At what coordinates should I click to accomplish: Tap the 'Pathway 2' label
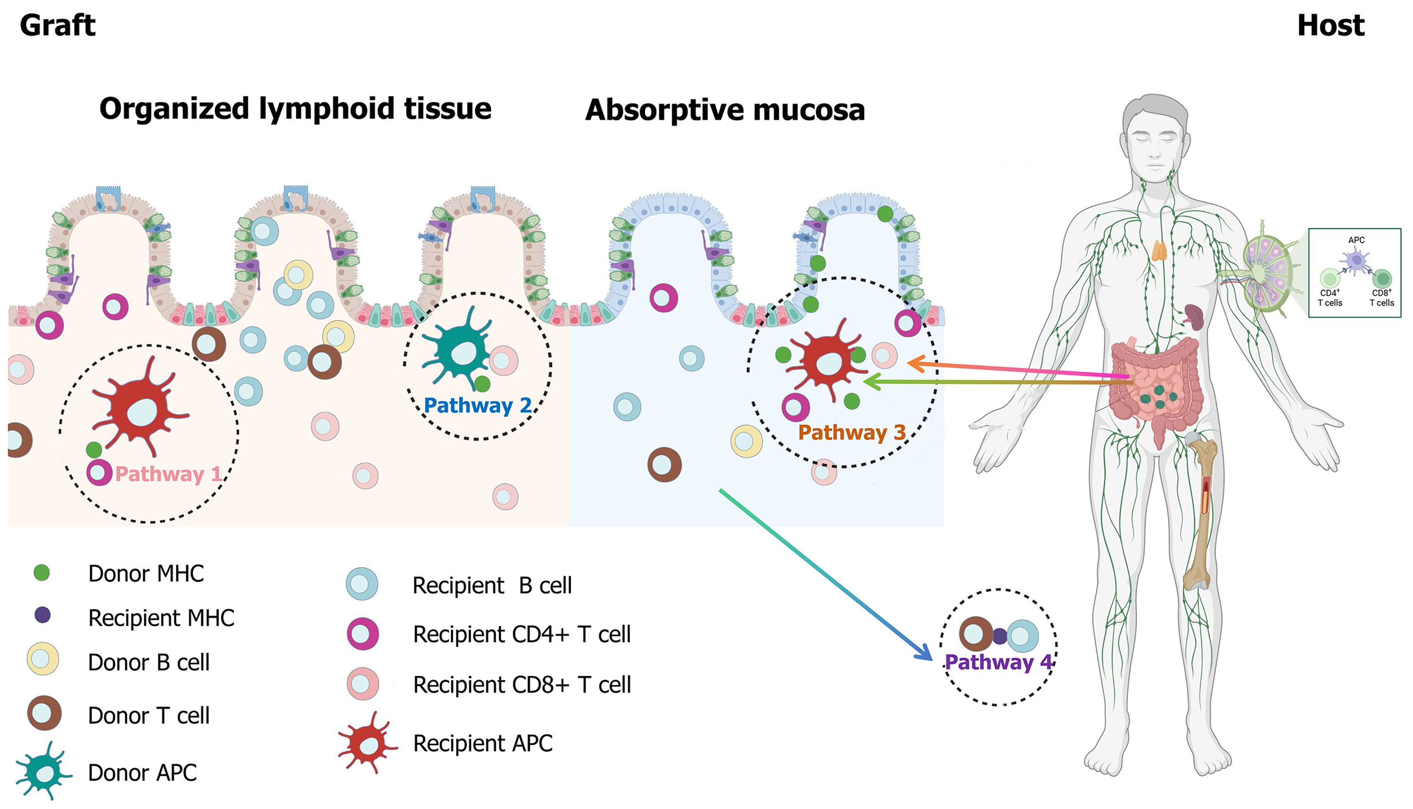click(477, 405)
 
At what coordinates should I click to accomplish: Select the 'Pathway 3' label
click(852, 433)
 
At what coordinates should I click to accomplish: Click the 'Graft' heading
click(58, 26)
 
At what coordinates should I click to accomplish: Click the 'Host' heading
click(1331, 26)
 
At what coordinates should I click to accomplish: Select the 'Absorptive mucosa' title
click(725, 110)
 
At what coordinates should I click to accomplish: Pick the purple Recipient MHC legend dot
click(43, 615)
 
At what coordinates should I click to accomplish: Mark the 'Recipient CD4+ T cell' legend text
click(522, 634)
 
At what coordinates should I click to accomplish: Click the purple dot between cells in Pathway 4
click(999, 636)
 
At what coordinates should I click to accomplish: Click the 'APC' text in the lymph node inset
click(1356, 240)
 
